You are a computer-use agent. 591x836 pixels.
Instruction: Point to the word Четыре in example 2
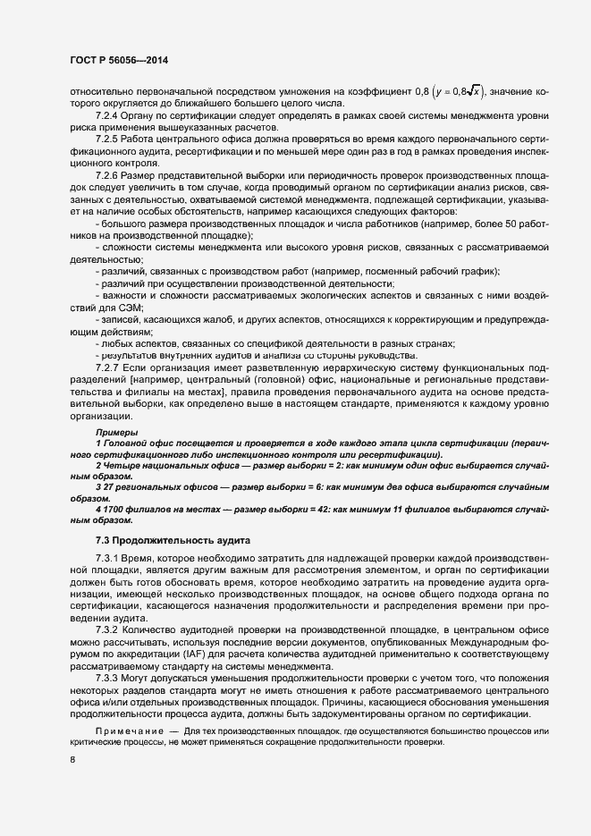point(123,466)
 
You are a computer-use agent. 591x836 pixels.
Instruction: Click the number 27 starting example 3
point(106,489)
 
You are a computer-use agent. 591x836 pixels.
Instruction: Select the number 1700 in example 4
point(112,509)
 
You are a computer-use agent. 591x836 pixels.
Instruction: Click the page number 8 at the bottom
point(72,759)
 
